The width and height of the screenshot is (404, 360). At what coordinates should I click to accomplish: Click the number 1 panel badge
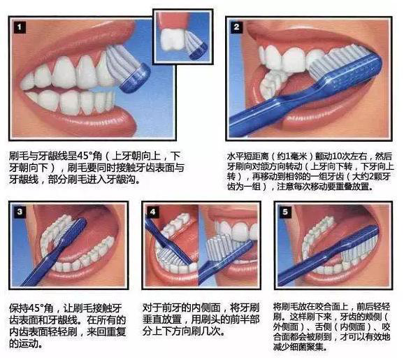pos(20,27)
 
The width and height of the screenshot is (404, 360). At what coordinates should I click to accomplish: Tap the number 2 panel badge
pos(236,27)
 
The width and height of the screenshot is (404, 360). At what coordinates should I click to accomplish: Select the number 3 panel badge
pos(20,212)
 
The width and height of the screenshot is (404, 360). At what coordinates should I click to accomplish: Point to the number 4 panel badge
pos(152,212)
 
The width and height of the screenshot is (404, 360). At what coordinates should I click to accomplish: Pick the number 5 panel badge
pos(285,212)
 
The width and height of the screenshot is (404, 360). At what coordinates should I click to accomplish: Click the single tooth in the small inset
pos(173,39)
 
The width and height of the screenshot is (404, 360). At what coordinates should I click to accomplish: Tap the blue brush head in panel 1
pos(136,78)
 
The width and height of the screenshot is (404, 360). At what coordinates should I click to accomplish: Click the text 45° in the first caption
pos(85,156)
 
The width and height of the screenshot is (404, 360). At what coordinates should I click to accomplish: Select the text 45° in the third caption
pos(36,308)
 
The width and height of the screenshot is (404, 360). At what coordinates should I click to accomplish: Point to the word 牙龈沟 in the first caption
pos(121,180)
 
